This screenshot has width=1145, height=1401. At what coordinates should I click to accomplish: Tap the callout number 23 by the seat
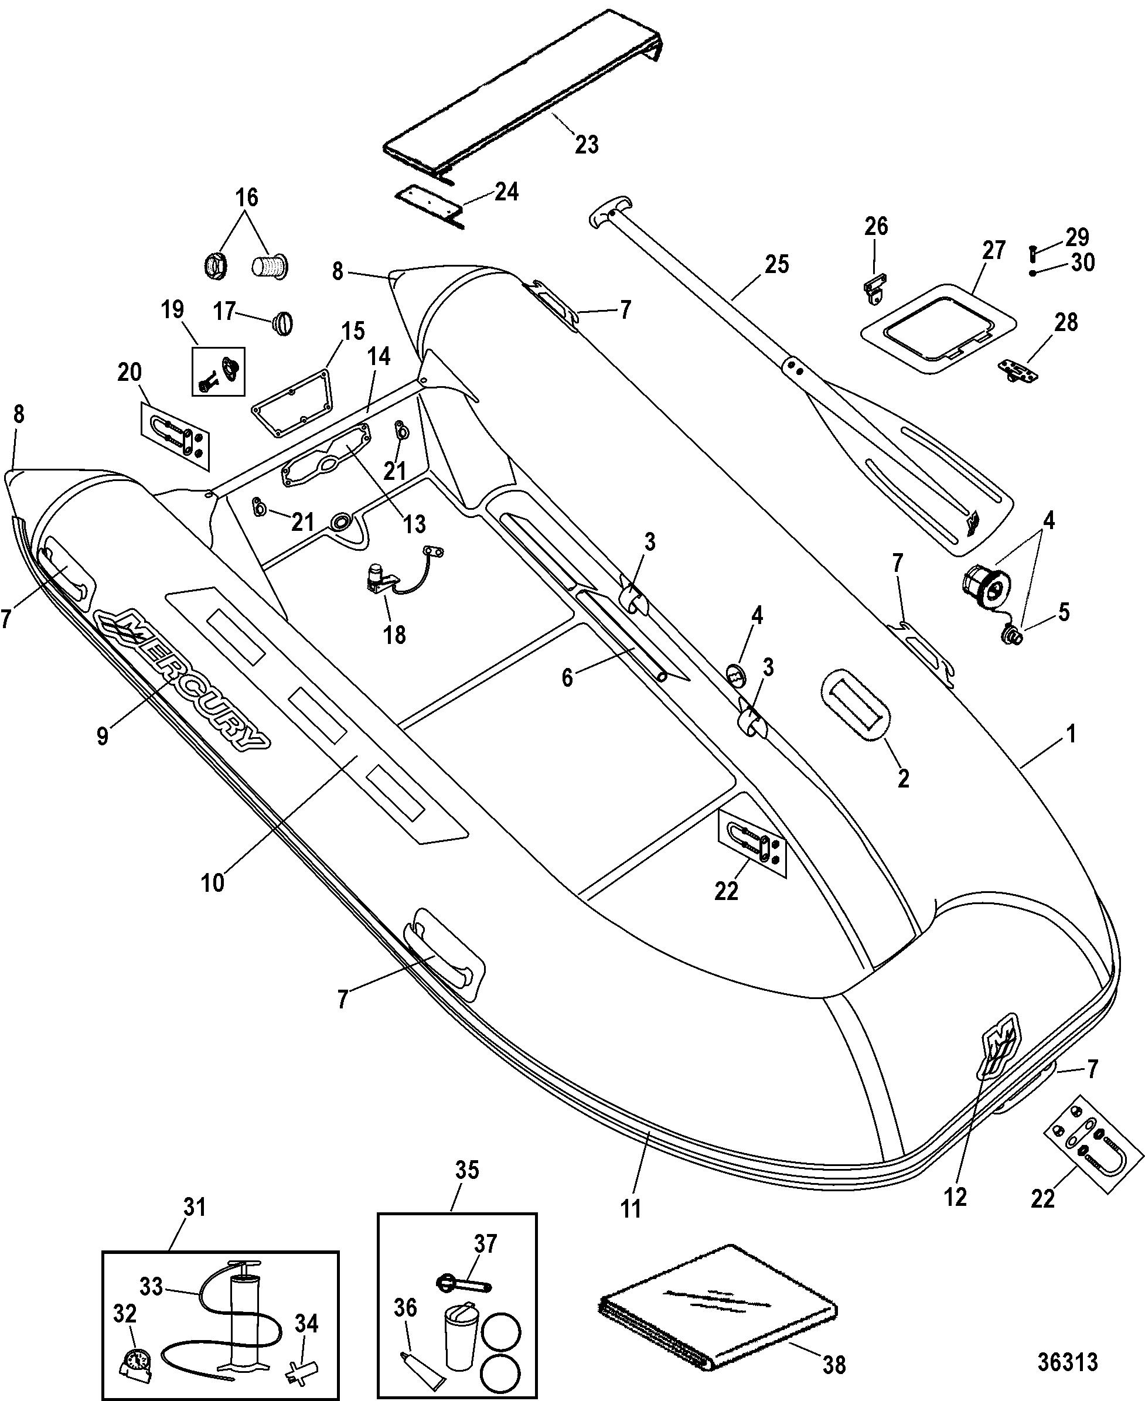587,145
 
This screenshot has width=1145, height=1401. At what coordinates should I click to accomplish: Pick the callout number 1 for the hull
1072,734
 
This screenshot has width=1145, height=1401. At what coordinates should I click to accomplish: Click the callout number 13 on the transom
414,524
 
